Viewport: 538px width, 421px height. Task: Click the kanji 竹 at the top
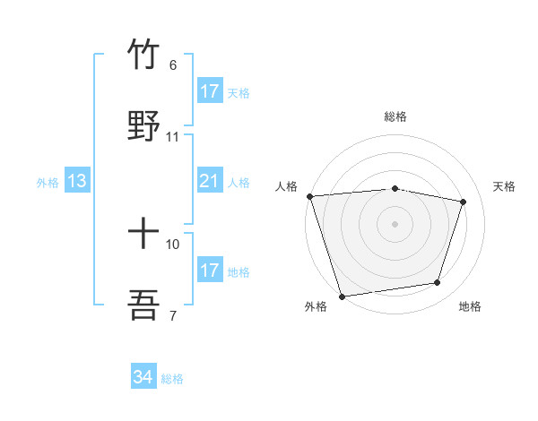click(x=143, y=55)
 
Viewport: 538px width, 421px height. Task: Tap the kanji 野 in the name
click(x=143, y=125)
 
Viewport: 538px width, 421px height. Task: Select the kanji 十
click(x=143, y=235)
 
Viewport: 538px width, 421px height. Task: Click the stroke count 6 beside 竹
click(x=173, y=65)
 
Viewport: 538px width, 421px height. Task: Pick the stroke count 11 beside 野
click(x=173, y=137)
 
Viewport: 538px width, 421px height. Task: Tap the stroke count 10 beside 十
click(x=173, y=244)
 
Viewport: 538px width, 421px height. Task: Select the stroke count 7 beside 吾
click(x=173, y=315)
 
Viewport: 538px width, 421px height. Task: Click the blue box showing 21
click(x=210, y=181)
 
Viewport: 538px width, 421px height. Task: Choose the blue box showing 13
click(x=77, y=181)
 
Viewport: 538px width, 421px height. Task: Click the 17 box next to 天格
click(x=210, y=91)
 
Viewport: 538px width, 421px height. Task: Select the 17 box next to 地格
click(x=210, y=271)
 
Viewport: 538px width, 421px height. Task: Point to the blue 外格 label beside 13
click(x=48, y=182)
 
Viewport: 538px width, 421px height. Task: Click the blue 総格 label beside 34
click(x=172, y=379)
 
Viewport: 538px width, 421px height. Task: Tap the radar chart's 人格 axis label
click(x=287, y=186)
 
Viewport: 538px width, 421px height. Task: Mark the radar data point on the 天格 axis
click(x=464, y=202)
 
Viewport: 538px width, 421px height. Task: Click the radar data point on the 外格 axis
click(x=342, y=296)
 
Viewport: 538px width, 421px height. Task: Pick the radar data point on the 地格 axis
click(x=438, y=283)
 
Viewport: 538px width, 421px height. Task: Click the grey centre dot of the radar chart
click(x=395, y=223)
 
